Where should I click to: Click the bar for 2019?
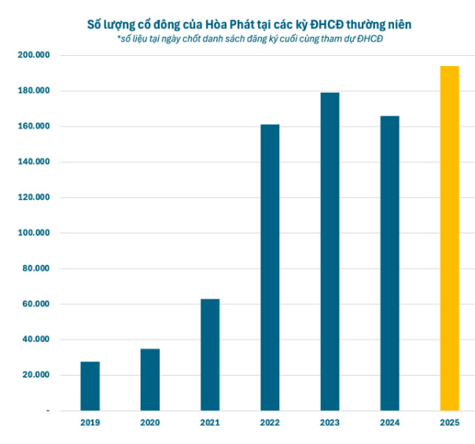[90, 386]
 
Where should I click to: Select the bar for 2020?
[150, 380]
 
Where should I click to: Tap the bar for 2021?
[210, 354]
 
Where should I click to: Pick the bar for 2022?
[270, 267]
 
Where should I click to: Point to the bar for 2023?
[330, 251]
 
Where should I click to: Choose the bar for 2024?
[389, 263]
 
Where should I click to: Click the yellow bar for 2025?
[449, 238]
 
